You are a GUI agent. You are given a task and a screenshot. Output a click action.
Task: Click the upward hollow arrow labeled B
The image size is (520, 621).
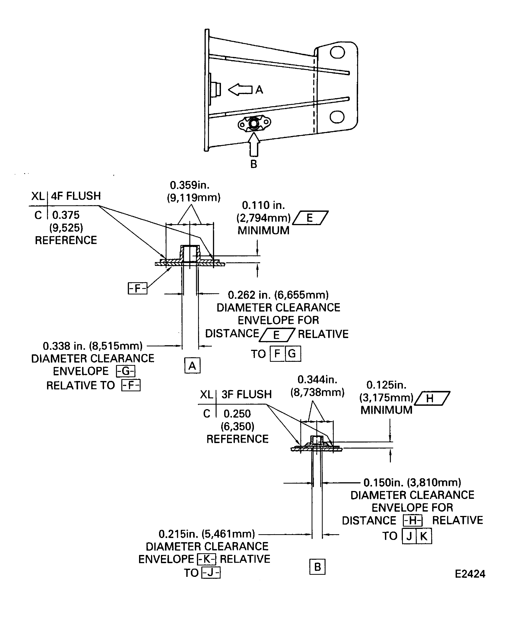coord(254,145)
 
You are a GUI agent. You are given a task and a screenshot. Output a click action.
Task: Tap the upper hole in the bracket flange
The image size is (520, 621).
coord(337,53)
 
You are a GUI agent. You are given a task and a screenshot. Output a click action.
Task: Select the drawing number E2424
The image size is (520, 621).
coord(470,574)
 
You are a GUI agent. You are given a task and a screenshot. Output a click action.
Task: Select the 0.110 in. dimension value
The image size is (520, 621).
coord(263,205)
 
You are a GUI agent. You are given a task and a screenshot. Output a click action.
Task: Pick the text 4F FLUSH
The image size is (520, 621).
coord(76,196)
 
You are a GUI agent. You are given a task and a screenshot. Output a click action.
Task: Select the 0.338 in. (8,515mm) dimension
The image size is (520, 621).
coord(93,346)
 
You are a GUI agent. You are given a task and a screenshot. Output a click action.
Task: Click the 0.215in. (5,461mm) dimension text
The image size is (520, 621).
coord(207,534)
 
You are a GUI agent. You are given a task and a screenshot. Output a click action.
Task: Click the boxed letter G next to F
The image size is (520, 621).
coord(292,354)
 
